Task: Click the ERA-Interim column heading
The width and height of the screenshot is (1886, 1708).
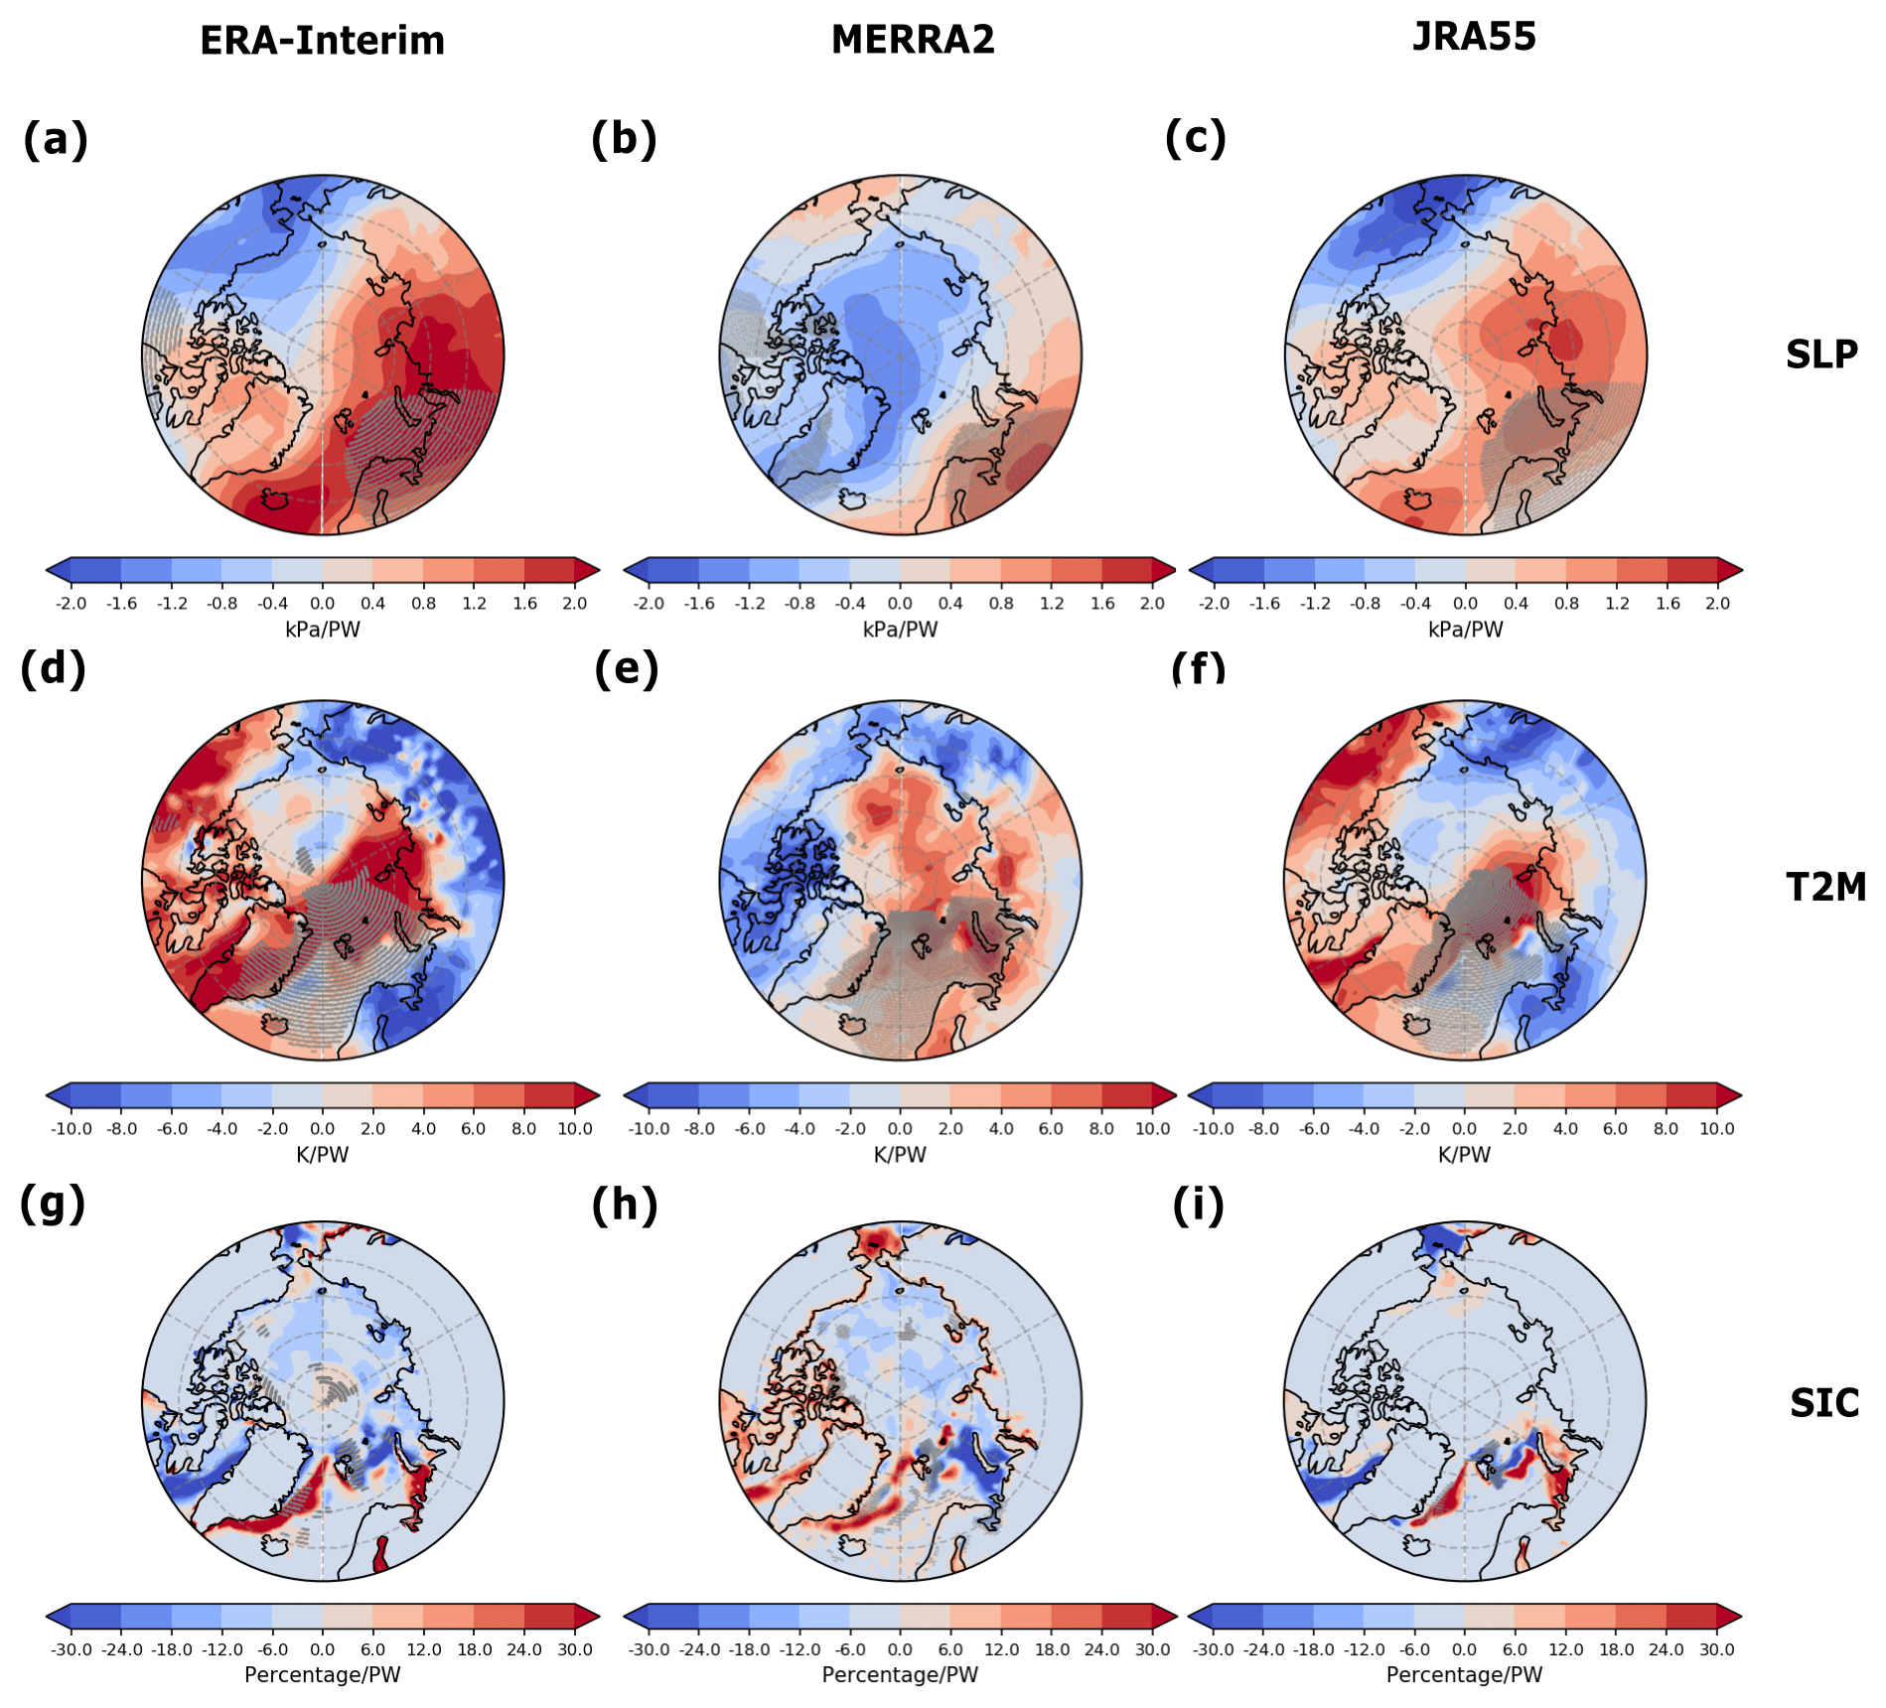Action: pos(322,41)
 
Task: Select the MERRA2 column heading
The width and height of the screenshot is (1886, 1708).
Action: pos(913,40)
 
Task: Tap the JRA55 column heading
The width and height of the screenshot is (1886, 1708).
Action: pos(1474,37)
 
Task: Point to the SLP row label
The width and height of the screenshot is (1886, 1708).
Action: pos(1820,355)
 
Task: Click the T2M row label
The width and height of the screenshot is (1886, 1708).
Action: pos(1825,887)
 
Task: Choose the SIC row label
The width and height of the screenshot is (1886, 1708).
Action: pos(1823,1403)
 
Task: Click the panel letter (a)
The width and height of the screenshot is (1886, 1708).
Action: pos(56,139)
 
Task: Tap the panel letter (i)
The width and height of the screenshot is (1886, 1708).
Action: pos(1198,1206)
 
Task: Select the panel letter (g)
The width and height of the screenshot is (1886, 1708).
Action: pos(53,1204)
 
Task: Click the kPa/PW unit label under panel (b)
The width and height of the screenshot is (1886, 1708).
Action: pos(900,630)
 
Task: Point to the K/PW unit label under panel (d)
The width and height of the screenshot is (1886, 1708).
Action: pos(323,1155)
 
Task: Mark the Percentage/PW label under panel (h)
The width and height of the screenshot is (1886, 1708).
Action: pos(900,1675)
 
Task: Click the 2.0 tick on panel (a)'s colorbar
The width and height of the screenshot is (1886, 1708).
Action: pos(575,604)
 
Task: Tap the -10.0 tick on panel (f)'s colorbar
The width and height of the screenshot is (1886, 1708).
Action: pos(1213,1129)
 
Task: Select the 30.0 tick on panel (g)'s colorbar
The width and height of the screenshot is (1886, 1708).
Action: pos(575,1649)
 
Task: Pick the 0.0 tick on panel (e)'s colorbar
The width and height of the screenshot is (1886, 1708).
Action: pos(900,1129)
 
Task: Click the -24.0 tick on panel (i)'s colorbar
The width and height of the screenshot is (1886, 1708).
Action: pos(1263,1649)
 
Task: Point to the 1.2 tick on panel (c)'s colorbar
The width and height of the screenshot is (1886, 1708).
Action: pos(1617,604)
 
